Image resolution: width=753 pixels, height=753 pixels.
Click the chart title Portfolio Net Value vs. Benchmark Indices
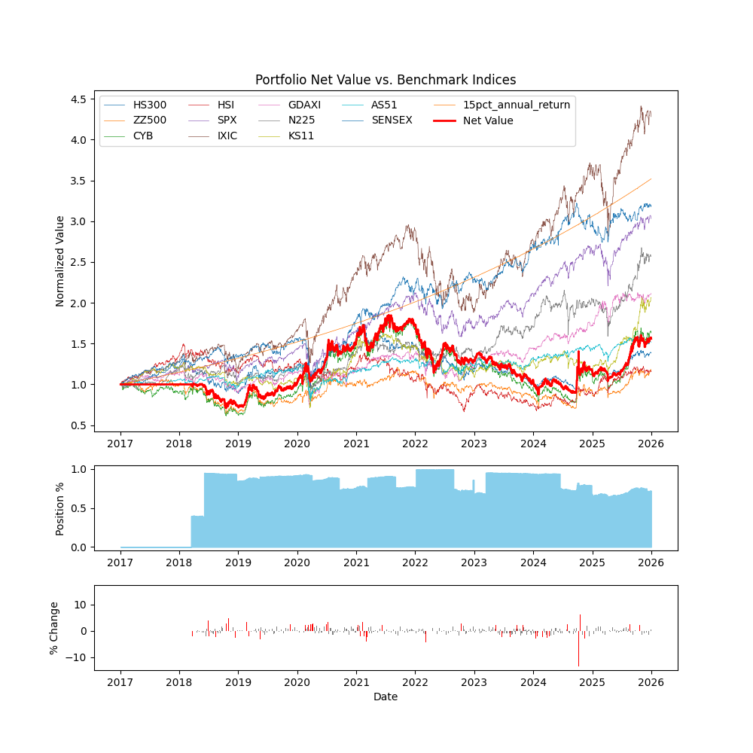tap(386, 80)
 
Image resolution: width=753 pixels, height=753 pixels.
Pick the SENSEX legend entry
tap(392, 120)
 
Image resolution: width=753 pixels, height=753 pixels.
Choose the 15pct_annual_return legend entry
tap(516, 105)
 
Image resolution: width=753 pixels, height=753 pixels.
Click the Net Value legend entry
tap(488, 120)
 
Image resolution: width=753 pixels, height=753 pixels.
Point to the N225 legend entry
tap(301, 120)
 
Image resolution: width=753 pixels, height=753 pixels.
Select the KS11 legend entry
tap(301, 136)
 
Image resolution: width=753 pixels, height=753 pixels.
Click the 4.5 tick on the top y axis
tap(78, 99)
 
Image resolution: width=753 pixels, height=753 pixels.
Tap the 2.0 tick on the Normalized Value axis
tap(78, 303)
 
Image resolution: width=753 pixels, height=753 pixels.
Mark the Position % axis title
tap(60, 508)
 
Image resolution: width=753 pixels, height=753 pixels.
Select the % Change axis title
tap(54, 627)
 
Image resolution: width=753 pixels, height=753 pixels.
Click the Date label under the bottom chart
tap(386, 697)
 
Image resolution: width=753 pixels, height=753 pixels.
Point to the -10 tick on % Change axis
tap(75, 657)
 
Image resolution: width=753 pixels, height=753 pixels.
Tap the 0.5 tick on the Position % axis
tap(78, 508)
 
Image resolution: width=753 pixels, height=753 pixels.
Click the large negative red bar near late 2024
tap(578, 648)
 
